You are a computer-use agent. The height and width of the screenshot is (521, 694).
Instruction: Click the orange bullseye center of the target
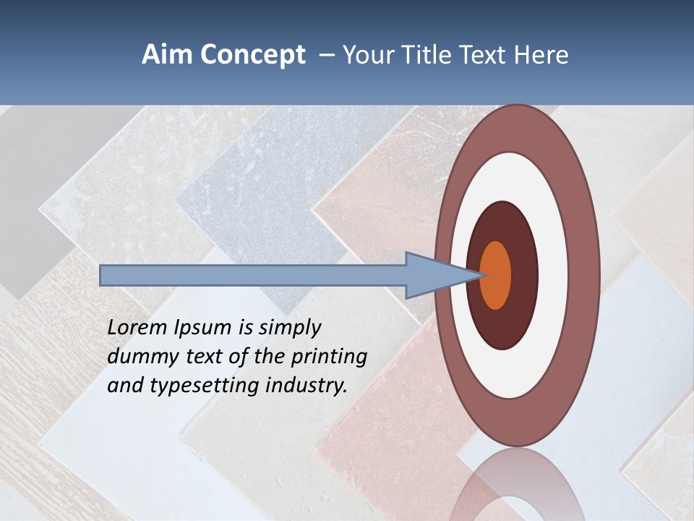pos(496,275)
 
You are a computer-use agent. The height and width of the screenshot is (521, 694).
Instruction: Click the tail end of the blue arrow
pos(103,275)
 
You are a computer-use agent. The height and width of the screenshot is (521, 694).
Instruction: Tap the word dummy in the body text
pos(139,357)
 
